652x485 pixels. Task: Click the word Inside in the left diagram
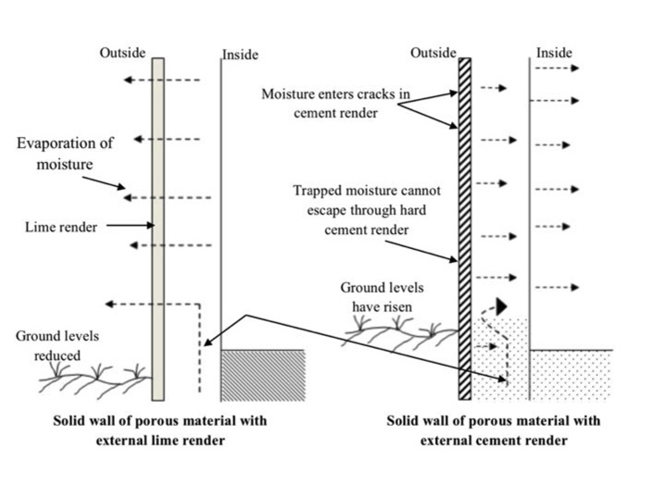pyautogui.click(x=240, y=56)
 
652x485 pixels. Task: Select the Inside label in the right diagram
pyautogui.click(x=554, y=54)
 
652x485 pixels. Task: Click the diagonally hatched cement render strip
pyautogui.click(x=465, y=222)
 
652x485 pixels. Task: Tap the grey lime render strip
pyautogui.click(x=157, y=222)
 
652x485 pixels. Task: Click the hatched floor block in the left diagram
pyautogui.click(x=263, y=374)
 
